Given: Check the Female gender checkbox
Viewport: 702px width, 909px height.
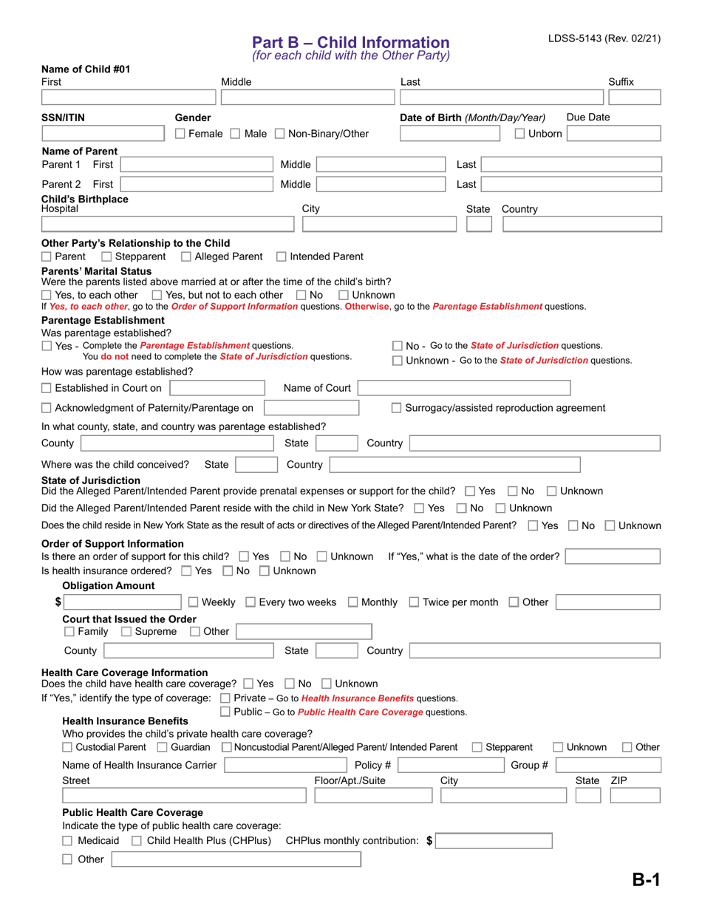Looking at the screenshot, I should coord(180,134).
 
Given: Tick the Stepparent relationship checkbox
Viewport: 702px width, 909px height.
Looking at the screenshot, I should coord(106,256).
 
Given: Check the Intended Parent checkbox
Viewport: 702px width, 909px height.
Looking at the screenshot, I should coord(282,256).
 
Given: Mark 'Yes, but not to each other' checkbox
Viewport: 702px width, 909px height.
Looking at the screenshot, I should coord(167,295).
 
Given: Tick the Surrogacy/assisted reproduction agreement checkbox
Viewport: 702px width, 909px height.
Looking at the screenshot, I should coord(396,408).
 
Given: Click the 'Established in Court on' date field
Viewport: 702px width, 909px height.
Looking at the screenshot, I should coord(217,388).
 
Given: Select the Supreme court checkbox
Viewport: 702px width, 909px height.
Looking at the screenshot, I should coord(126,631).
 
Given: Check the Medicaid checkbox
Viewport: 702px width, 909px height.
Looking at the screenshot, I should coord(68,840).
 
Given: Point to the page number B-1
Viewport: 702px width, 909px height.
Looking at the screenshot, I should coord(645,879).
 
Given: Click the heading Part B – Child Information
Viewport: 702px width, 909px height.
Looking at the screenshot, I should coord(350,42).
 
